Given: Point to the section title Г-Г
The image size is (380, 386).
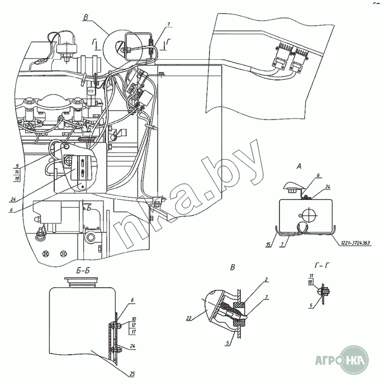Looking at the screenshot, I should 324,267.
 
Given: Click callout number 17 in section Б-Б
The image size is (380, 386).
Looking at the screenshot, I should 134,332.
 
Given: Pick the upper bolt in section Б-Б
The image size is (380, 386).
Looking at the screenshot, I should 115,325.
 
